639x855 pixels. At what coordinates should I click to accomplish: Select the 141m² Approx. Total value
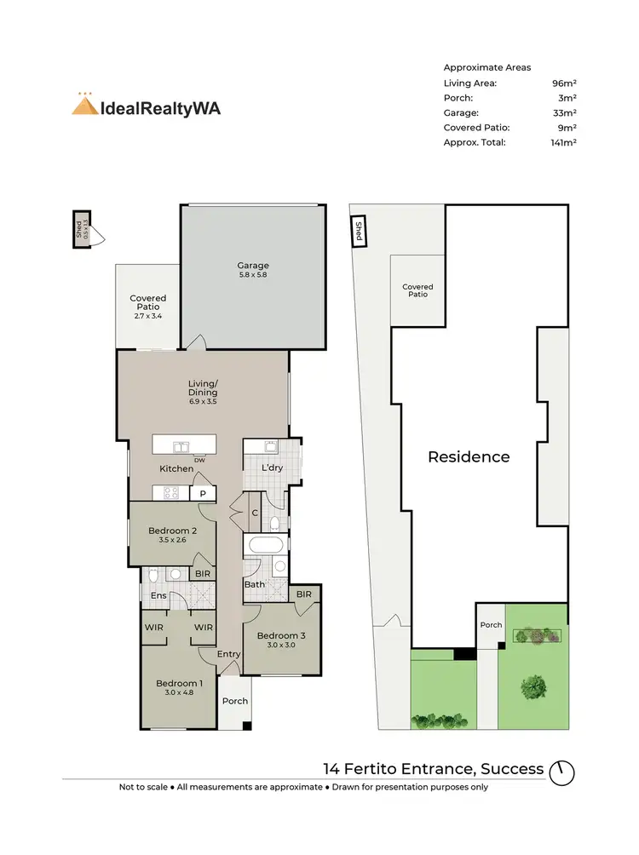pos(563,142)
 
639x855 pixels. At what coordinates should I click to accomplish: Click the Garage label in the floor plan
pos(253,266)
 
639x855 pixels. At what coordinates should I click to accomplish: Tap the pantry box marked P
pos(203,493)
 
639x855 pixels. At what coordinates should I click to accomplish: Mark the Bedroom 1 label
pos(179,683)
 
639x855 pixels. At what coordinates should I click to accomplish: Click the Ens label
pos(159,596)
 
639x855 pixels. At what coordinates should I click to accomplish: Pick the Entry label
pos(229,654)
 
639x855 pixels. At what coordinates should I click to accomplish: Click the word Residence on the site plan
pos(469,456)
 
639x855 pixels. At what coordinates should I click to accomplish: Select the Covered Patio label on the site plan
pos(417,290)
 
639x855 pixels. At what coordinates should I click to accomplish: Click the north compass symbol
pos(562,772)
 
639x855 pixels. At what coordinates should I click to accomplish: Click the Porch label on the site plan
pos(491,625)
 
